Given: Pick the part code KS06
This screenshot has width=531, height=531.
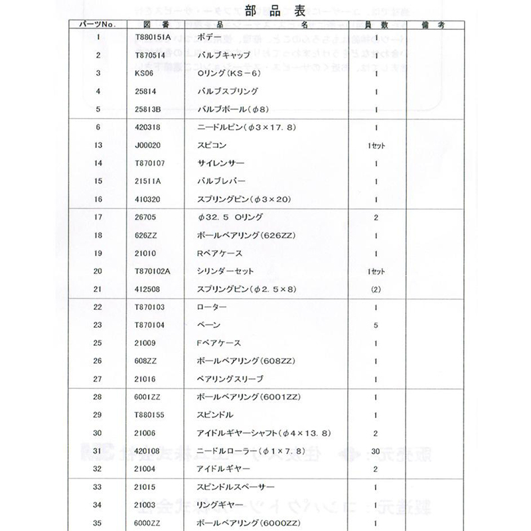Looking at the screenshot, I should tap(143, 73).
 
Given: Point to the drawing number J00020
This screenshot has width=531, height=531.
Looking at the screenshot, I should tap(147, 145).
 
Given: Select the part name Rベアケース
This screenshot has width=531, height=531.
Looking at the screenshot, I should tap(220, 253).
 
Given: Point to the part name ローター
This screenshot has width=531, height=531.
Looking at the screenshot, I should tap(212, 307).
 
